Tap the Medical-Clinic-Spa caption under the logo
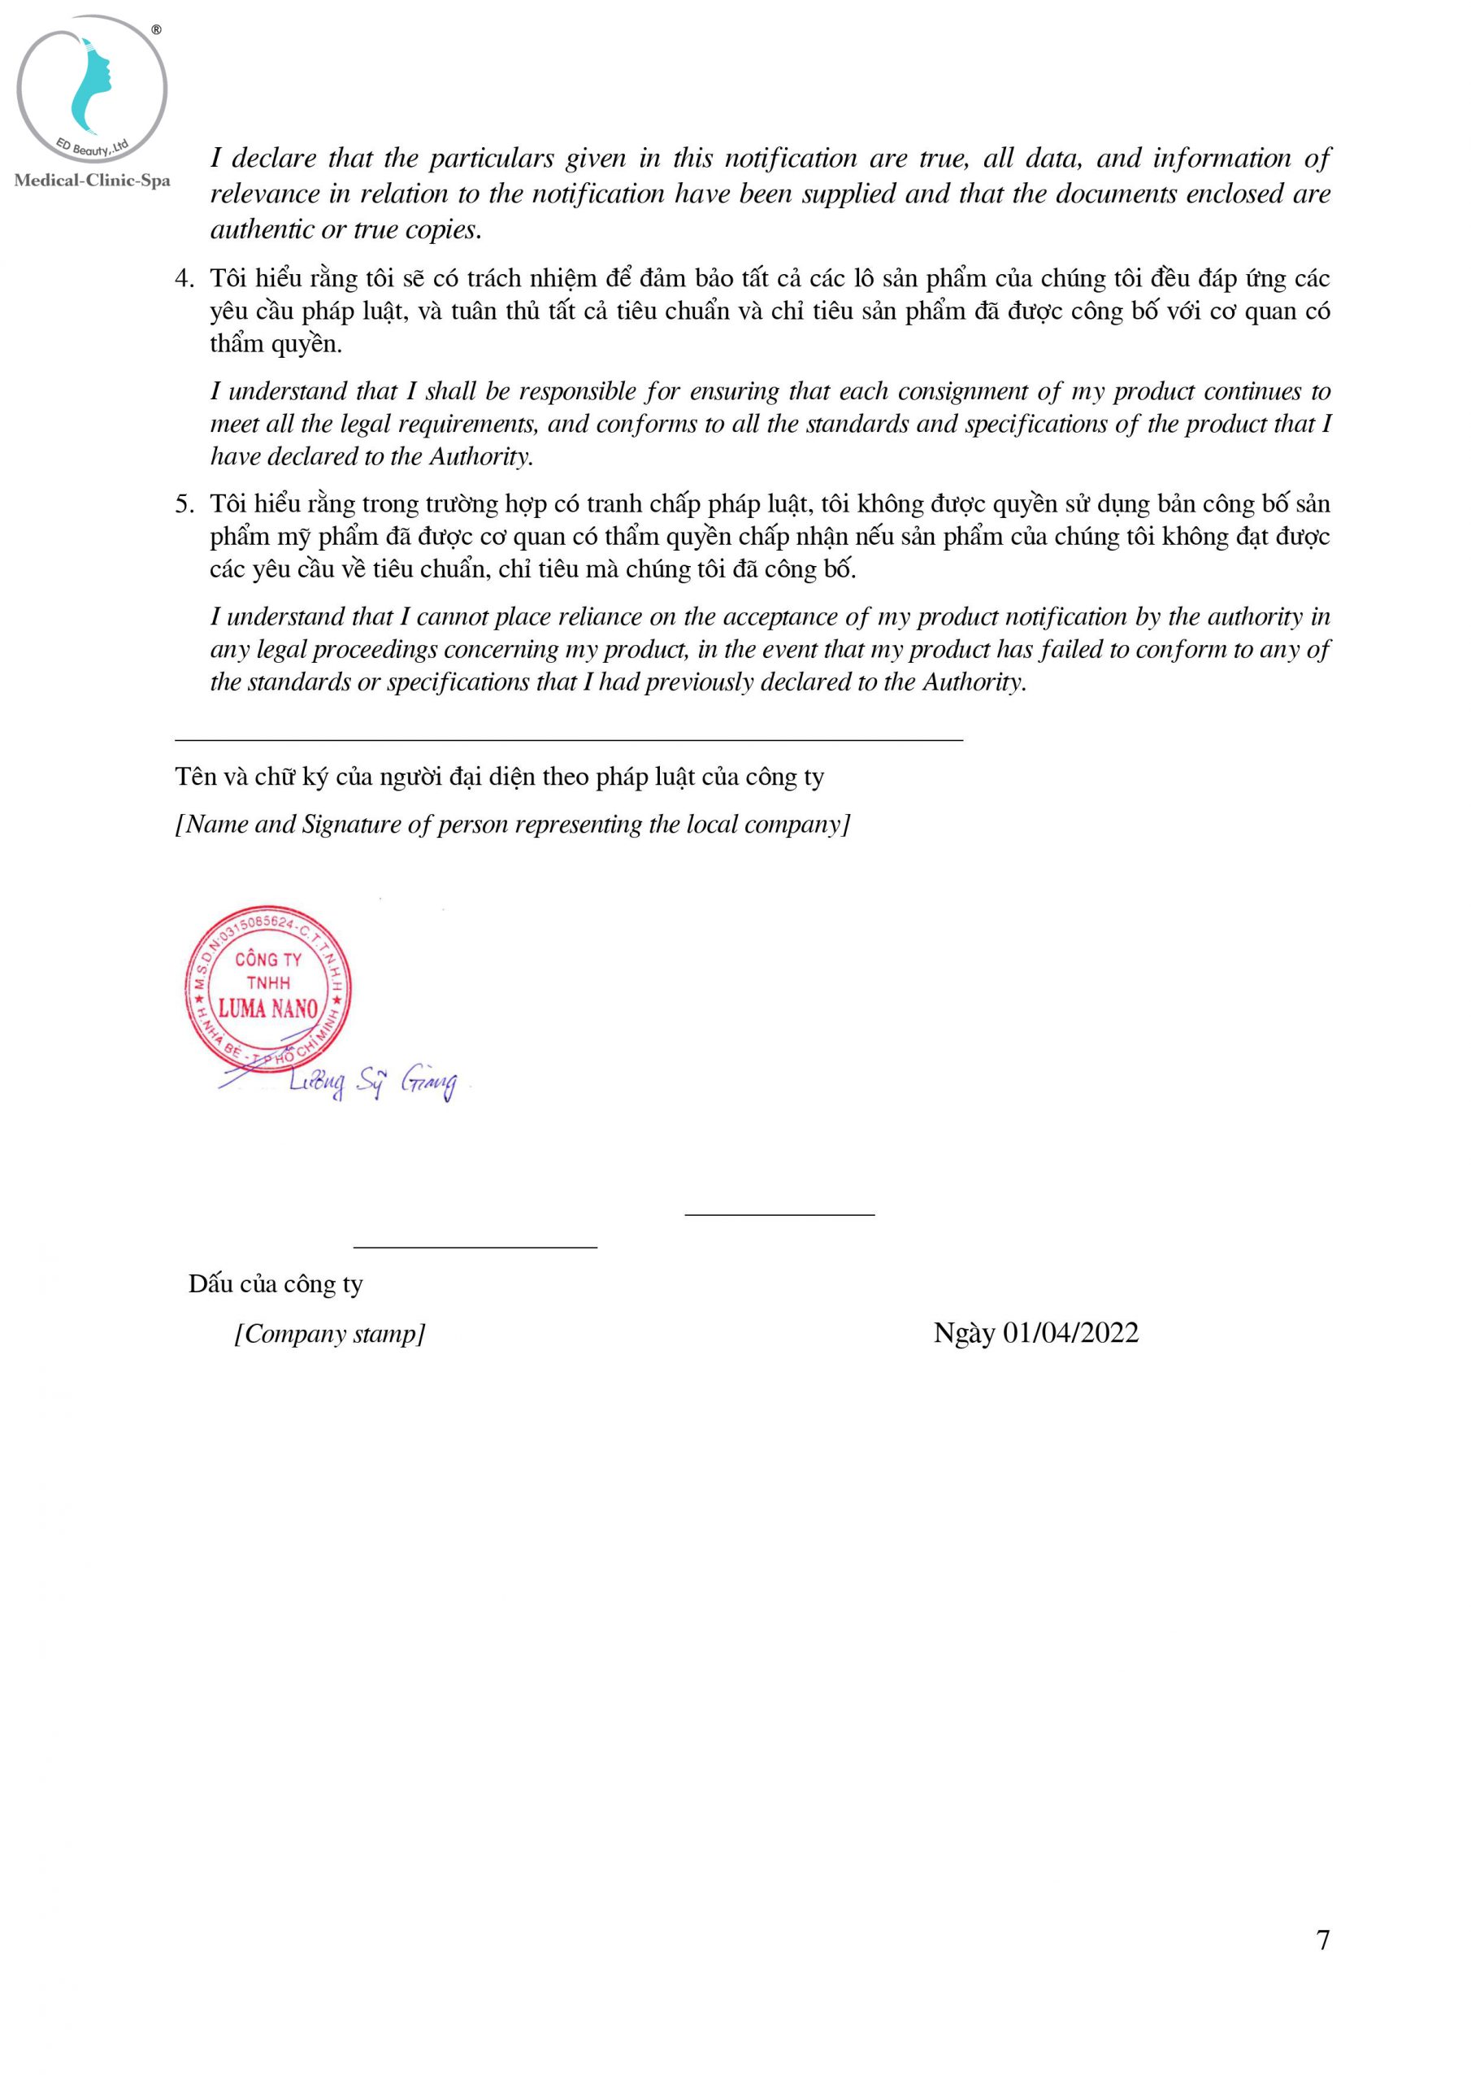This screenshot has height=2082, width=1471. tap(93, 181)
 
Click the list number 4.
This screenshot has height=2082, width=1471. tap(184, 278)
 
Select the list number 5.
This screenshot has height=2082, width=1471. tap(184, 504)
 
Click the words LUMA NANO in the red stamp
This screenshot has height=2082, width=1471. tap(268, 1008)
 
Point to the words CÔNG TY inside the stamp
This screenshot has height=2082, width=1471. tap(268, 960)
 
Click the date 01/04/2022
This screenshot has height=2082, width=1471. tap(1070, 1332)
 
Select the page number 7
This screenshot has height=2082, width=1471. tap(1323, 1940)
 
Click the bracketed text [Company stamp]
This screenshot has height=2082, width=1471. tap(330, 1334)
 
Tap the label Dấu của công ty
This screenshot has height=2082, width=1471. tap(276, 1284)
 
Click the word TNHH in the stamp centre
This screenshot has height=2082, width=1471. tap(268, 983)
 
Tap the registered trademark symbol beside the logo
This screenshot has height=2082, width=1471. tap(157, 30)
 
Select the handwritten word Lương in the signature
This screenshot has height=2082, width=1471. tap(316, 1081)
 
